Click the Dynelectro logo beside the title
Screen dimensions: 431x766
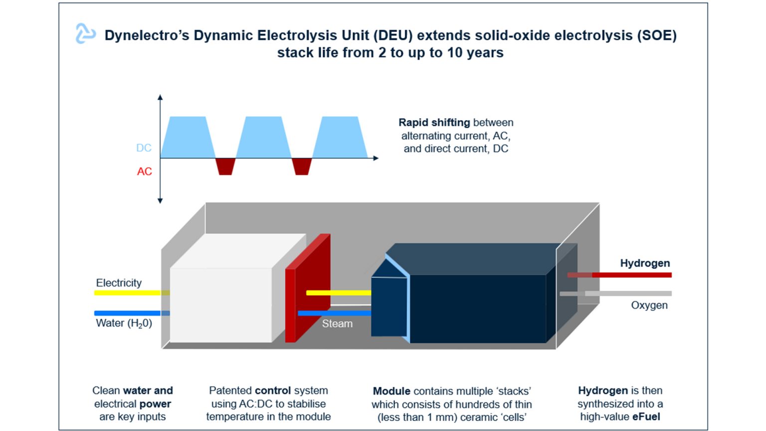coord(85,33)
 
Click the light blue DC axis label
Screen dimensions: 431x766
coord(144,148)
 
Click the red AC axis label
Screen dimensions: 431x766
coord(144,172)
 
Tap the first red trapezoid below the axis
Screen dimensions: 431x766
coord(225,166)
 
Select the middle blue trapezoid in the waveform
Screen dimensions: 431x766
coord(263,138)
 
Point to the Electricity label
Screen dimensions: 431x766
coord(119,283)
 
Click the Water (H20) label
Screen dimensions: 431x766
coord(124,323)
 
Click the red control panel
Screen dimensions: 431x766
coord(307,289)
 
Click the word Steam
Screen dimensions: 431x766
coord(337,324)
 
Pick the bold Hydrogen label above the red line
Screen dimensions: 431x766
coord(645,263)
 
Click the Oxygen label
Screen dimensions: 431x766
coord(649,305)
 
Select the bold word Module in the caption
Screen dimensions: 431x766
coord(391,391)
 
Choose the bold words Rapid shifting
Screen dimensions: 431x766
coord(434,122)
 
